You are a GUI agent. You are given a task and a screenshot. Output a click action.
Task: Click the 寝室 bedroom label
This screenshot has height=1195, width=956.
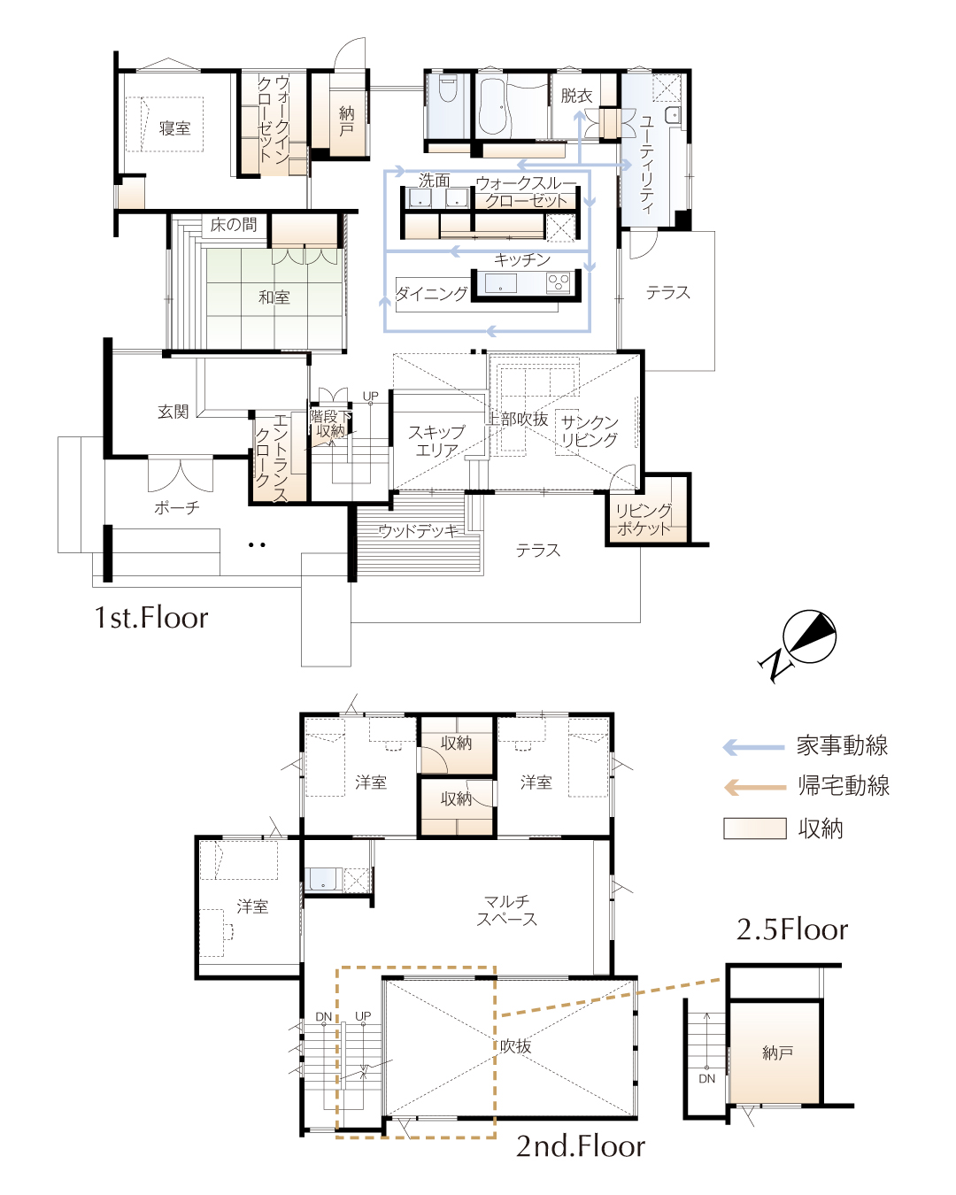coord(174,128)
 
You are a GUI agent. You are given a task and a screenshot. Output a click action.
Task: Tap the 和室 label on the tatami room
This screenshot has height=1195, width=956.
coord(274,297)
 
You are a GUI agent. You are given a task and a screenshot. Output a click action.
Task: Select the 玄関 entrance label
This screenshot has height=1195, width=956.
coord(173,412)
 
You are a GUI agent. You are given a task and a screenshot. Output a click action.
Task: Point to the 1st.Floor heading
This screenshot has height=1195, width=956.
coord(151,618)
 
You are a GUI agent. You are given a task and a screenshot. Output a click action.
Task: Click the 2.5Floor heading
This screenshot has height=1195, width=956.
coord(791,929)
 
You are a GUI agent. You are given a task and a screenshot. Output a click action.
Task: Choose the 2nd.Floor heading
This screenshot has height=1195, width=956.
coord(581,1145)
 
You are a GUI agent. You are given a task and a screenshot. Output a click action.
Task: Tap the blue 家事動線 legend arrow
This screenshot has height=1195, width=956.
coord(754,747)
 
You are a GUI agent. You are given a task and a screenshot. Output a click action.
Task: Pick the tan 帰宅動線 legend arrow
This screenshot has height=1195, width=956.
coord(754,787)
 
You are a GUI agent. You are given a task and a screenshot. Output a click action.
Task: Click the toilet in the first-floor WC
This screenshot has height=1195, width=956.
coord(447,88)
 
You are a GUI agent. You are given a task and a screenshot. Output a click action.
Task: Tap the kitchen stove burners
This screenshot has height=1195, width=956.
coord(559,282)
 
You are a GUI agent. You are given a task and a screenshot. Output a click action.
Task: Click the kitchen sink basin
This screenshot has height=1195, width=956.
coord(500,282)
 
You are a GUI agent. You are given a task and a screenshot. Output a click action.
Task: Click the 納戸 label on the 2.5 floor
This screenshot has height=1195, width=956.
coord(777,1052)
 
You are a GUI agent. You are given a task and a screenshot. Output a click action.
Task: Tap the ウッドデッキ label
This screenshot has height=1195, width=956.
coord(419,531)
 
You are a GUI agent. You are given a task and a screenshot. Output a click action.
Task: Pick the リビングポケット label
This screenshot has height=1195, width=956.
coord(644,519)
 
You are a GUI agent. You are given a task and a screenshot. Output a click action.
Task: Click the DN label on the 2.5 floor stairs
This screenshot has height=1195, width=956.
coord(706,1078)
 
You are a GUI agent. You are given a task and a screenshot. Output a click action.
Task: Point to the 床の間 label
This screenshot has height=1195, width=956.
coord(234,224)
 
